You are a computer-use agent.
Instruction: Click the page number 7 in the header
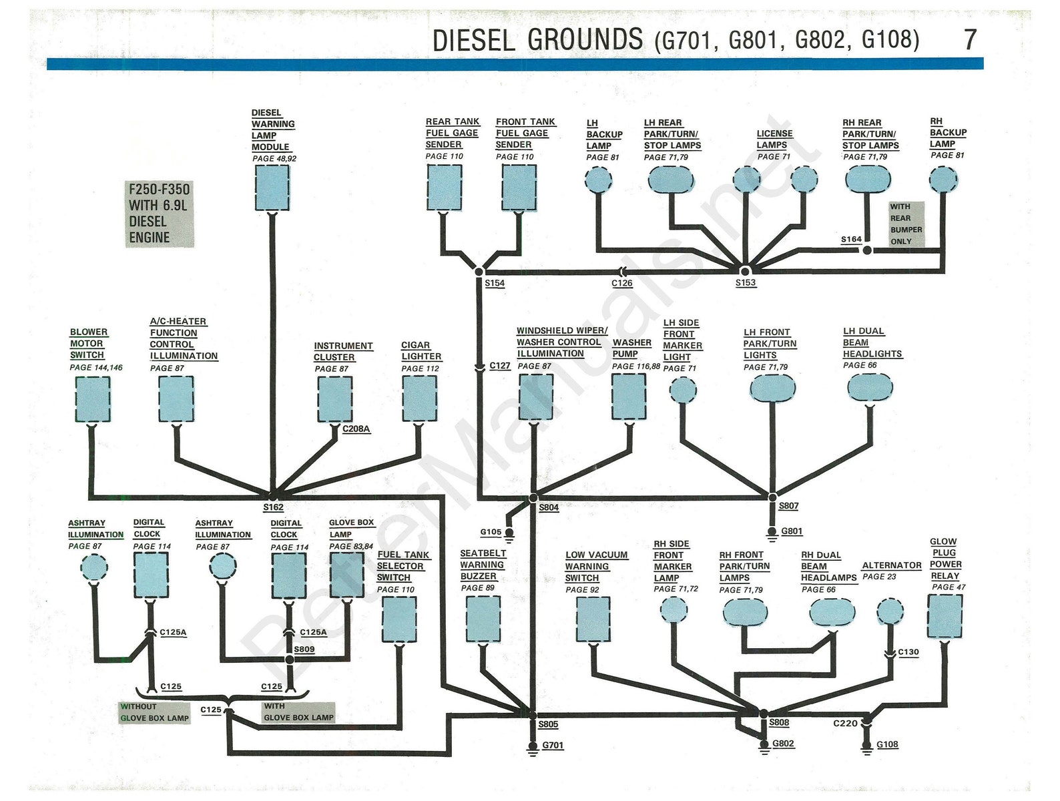point(970,40)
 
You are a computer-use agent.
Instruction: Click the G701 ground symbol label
point(553,745)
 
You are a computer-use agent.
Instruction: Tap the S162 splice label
point(273,507)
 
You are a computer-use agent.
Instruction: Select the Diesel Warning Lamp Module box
point(272,188)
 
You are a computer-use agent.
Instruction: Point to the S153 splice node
point(745,271)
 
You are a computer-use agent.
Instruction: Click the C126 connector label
point(621,283)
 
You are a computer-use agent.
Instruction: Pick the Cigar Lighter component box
point(420,398)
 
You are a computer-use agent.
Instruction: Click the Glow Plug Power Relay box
point(945,616)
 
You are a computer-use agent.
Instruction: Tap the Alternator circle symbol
point(889,611)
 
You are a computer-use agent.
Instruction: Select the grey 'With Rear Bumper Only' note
point(906,224)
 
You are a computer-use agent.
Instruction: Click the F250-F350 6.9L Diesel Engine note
point(160,214)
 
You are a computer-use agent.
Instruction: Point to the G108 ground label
point(887,744)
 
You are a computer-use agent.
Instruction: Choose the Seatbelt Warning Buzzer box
point(483,619)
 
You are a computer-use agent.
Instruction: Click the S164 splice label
point(851,239)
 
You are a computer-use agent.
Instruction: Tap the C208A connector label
point(356,429)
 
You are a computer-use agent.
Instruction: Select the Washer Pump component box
point(629,396)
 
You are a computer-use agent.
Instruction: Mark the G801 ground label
point(792,531)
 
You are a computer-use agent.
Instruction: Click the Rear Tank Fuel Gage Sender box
point(444,188)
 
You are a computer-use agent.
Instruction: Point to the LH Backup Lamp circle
point(598,180)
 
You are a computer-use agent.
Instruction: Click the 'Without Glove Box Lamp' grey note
point(155,712)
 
